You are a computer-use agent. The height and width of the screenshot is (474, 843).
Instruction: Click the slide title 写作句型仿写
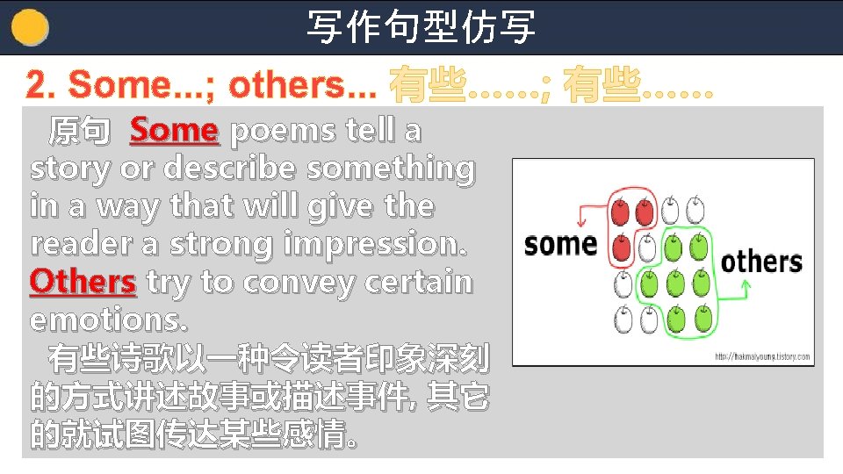421,26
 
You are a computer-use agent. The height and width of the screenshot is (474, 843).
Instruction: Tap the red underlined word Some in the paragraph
174,131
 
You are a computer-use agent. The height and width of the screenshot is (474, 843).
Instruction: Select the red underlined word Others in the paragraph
83,282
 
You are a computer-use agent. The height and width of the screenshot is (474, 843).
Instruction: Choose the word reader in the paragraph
73,243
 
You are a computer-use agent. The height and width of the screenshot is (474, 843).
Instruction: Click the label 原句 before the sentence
79,132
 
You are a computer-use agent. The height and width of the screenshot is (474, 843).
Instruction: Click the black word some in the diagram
560,243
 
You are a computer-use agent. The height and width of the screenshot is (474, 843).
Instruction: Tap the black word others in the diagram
761,261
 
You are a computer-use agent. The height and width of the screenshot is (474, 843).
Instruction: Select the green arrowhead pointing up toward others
745,285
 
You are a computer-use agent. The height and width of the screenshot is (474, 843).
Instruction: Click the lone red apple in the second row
622,248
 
